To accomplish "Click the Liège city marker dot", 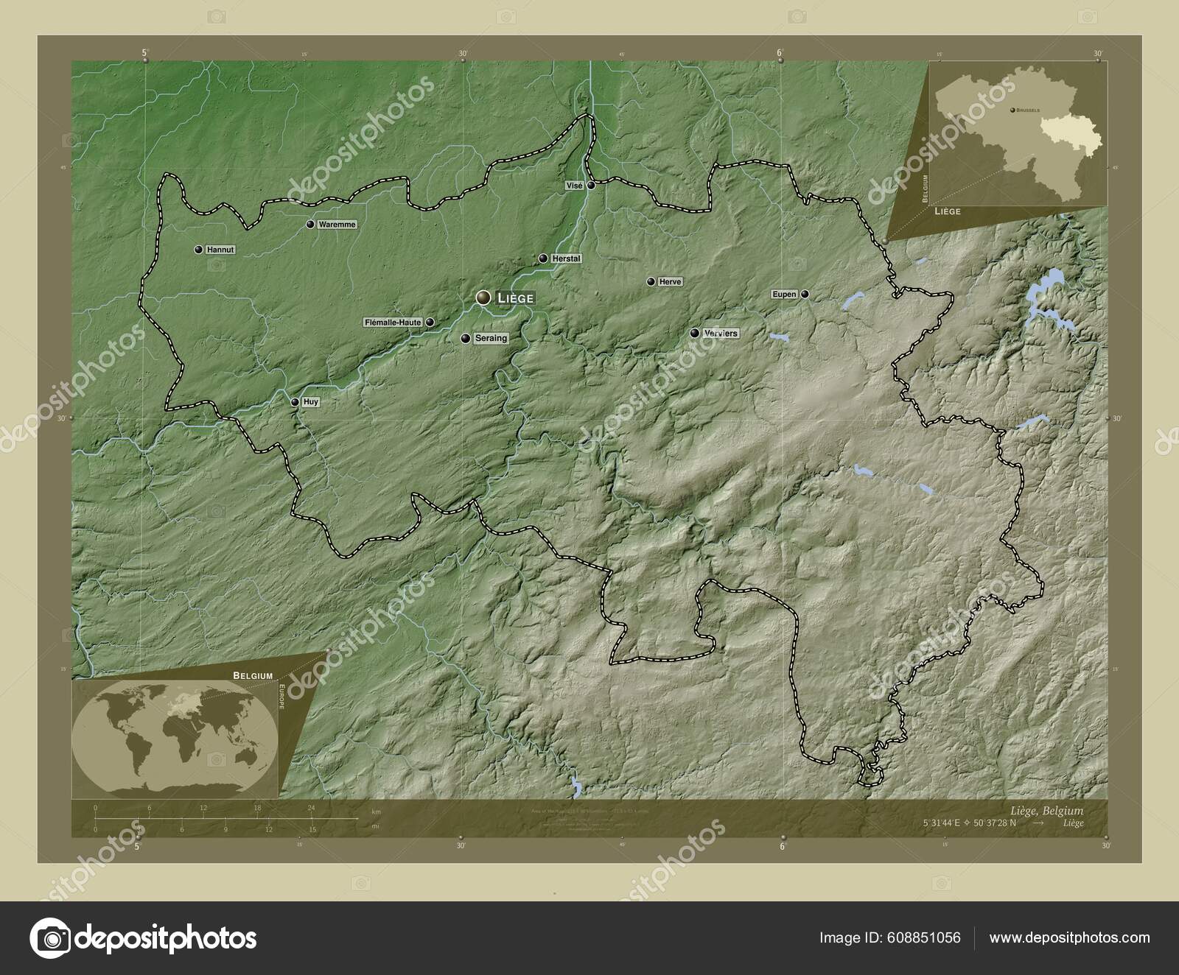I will click(483, 298).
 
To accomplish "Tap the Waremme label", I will click(337, 224).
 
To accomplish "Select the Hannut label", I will click(220, 250).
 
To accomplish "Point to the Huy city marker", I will click(295, 402).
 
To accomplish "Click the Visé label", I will click(575, 186).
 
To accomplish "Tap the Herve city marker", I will click(651, 281).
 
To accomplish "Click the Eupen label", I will click(784, 294).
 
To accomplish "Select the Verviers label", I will click(721, 333).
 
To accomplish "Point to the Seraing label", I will click(491, 339).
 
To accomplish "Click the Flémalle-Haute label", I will click(393, 322).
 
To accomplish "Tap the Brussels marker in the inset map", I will click(1010, 109).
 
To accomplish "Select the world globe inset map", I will click(175, 736).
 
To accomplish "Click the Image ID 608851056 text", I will click(890, 937).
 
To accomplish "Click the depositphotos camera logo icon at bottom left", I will click(49, 938).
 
